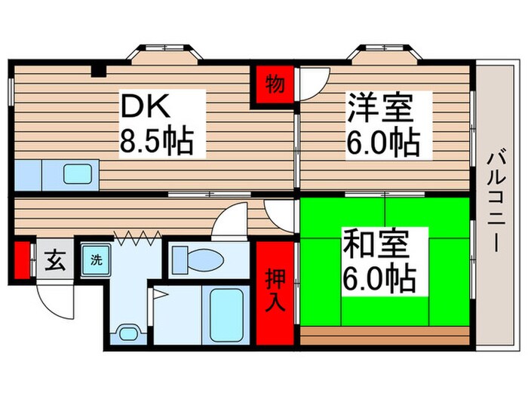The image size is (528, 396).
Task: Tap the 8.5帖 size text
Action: pyautogui.click(x=158, y=141)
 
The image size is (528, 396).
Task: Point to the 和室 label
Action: pyautogui.click(x=376, y=244)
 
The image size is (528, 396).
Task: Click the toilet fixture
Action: pyautogui.click(x=198, y=261)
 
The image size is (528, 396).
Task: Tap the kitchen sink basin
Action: pyautogui.click(x=78, y=174)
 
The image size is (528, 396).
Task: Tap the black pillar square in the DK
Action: pyautogui.click(x=97, y=72)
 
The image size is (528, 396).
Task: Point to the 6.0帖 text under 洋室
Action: pyautogui.click(x=383, y=143)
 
